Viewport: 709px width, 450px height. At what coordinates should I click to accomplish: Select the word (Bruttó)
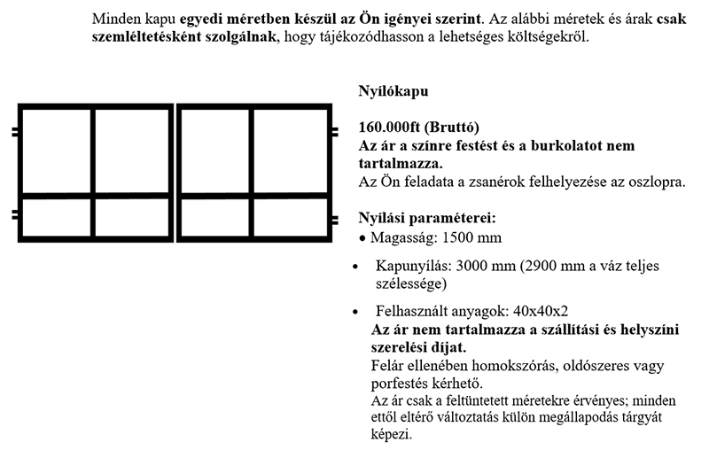(x=459, y=127)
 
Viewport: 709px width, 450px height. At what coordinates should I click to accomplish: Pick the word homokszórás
(x=494, y=365)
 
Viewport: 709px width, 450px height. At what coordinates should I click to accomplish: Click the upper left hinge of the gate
(x=16, y=134)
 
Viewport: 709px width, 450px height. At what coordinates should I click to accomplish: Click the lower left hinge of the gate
(x=16, y=213)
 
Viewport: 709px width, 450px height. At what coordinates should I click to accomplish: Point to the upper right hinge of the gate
(x=334, y=134)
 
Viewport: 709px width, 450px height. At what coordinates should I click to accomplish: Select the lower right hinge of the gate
(x=334, y=219)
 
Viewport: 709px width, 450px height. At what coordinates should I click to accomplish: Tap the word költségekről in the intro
(x=547, y=38)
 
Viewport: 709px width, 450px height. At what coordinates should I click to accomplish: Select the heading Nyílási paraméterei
(x=427, y=218)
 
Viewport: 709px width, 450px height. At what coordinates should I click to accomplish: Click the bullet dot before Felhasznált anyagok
(x=355, y=311)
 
